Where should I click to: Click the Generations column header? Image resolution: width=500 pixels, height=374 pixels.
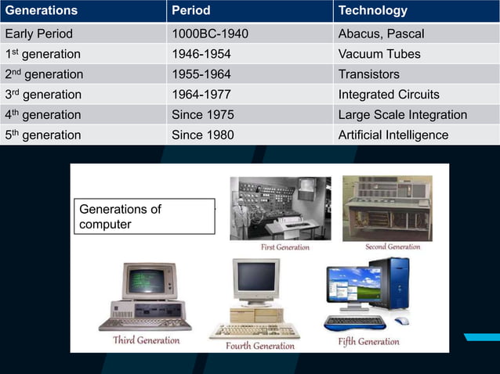(x=41, y=11)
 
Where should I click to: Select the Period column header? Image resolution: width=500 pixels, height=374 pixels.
(x=190, y=11)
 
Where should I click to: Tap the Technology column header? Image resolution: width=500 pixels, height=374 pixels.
(x=372, y=11)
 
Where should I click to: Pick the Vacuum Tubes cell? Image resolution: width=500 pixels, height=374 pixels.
(x=379, y=54)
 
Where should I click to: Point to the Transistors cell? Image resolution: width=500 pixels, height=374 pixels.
(x=368, y=74)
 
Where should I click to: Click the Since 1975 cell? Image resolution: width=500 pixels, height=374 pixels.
(x=202, y=115)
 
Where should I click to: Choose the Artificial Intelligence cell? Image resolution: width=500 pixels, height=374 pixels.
(x=393, y=135)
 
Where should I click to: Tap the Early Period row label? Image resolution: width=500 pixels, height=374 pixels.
(x=39, y=34)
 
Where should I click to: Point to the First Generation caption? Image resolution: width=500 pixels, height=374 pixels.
(x=284, y=247)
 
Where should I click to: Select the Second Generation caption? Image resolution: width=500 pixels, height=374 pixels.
(x=392, y=246)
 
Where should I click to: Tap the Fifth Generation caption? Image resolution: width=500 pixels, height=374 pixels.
(x=368, y=341)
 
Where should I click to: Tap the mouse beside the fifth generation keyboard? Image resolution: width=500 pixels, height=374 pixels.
(x=401, y=321)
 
